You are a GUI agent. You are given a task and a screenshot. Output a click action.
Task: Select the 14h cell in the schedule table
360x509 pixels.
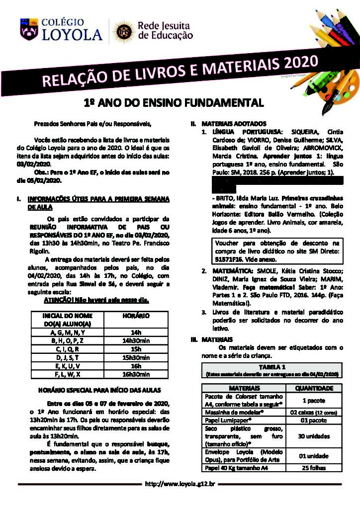coord(136,332)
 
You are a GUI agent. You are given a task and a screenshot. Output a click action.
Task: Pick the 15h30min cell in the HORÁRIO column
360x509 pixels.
coord(136,357)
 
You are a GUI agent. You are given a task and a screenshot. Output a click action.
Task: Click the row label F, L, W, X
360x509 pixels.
coord(68,374)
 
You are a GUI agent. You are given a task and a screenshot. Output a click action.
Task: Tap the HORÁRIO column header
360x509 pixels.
coord(136,316)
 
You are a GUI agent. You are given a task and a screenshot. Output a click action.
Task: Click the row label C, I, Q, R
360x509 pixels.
coord(68,349)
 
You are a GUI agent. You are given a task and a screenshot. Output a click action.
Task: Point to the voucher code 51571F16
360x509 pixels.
coord(230,259)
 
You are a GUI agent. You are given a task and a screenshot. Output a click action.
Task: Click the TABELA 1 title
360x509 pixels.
coord(272,366)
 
